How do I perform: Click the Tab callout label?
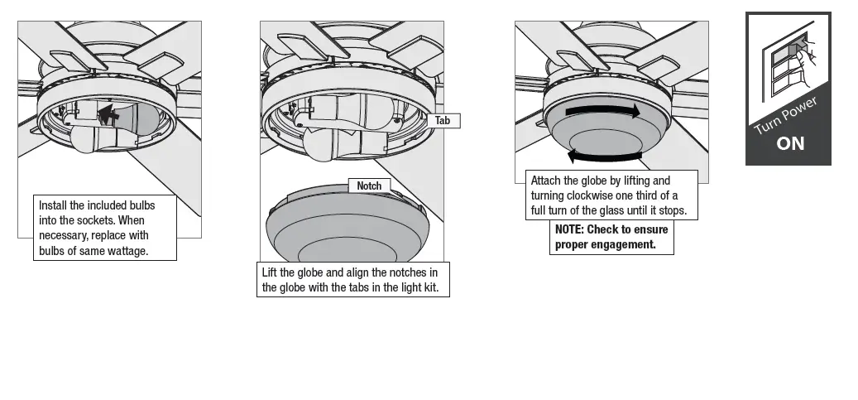point(443,120)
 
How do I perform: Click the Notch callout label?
point(369,186)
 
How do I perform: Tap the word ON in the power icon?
point(790,143)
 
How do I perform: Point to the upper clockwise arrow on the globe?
point(602,111)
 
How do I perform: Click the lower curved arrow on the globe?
point(604,155)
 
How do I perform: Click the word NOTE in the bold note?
point(568,229)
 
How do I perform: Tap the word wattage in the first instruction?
point(127,251)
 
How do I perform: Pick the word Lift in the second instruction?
point(270,272)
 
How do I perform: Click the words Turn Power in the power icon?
point(785,117)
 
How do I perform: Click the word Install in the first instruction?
point(55,205)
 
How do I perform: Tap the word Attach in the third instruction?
point(545,181)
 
